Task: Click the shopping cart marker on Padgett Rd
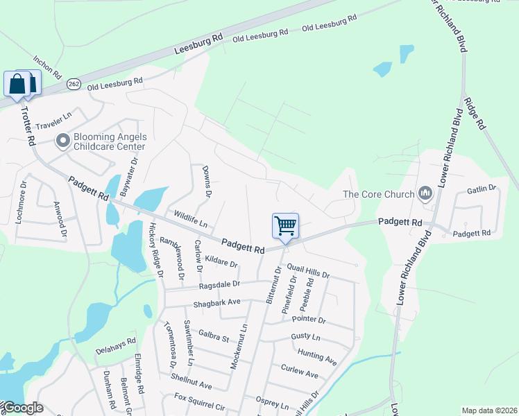tap(285, 226)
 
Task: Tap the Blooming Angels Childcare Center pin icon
tap(62, 141)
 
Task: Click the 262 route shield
tap(74, 84)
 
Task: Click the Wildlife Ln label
tap(191, 219)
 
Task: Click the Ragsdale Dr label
tap(219, 284)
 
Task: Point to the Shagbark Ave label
tap(216, 302)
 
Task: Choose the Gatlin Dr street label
tap(482, 189)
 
